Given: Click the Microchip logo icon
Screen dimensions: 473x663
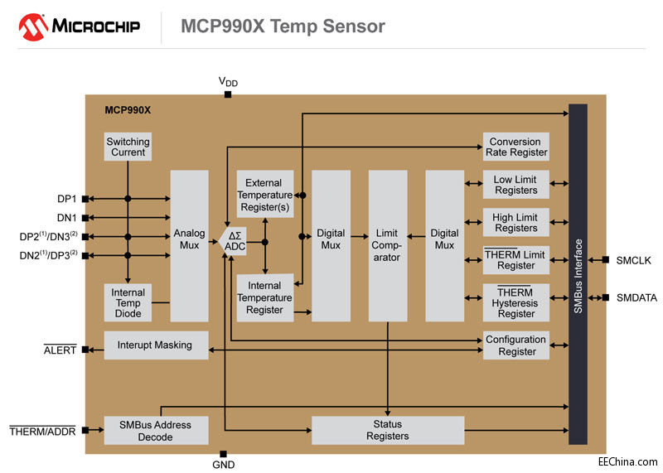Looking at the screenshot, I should pyautogui.click(x=31, y=27).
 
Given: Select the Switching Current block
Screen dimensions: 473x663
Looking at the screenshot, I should pyautogui.click(x=128, y=147).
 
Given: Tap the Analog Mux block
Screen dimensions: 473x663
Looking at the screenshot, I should pyautogui.click(x=189, y=239).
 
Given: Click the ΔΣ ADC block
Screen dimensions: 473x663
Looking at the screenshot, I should pyautogui.click(x=236, y=241).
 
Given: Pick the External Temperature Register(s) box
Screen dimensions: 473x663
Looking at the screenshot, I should pyautogui.click(x=264, y=195).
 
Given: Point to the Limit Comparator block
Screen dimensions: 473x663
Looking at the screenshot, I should pyautogui.click(x=387, y=245).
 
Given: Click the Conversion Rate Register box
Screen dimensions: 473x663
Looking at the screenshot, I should pyautogui.click(x=515, y=147).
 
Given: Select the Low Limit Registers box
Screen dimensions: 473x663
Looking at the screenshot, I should pyautogui.click(x=515, y=185).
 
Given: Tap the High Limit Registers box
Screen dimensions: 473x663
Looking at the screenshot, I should pyautogui.click(x=515, y=223).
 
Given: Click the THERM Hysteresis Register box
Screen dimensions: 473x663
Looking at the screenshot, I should pyautogui.click(x=515, y=303).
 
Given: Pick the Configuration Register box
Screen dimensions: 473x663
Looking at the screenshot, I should pyautogui.click(x=515, y=345).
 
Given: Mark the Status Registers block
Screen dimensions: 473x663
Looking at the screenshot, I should pyautogui.click(x=387, y=430).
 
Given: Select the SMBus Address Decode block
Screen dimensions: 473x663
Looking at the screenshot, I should pyautogui.click(x=156, y=430).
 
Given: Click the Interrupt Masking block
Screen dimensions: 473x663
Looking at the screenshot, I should pyautogui.click(x=156, y=345).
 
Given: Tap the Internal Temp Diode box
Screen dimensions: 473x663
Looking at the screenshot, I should pyautogui.click(x=128, y=303).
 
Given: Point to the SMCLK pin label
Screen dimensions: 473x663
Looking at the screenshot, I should pyautogui.click(x=633, y=260).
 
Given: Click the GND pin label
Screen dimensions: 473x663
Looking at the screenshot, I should pyautogui.click(x=223, y=465).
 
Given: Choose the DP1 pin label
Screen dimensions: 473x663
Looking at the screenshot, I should pyautogui.click(x=65, y=199).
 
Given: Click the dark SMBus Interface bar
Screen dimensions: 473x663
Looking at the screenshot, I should pyautogui.click(x=578, y=273).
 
